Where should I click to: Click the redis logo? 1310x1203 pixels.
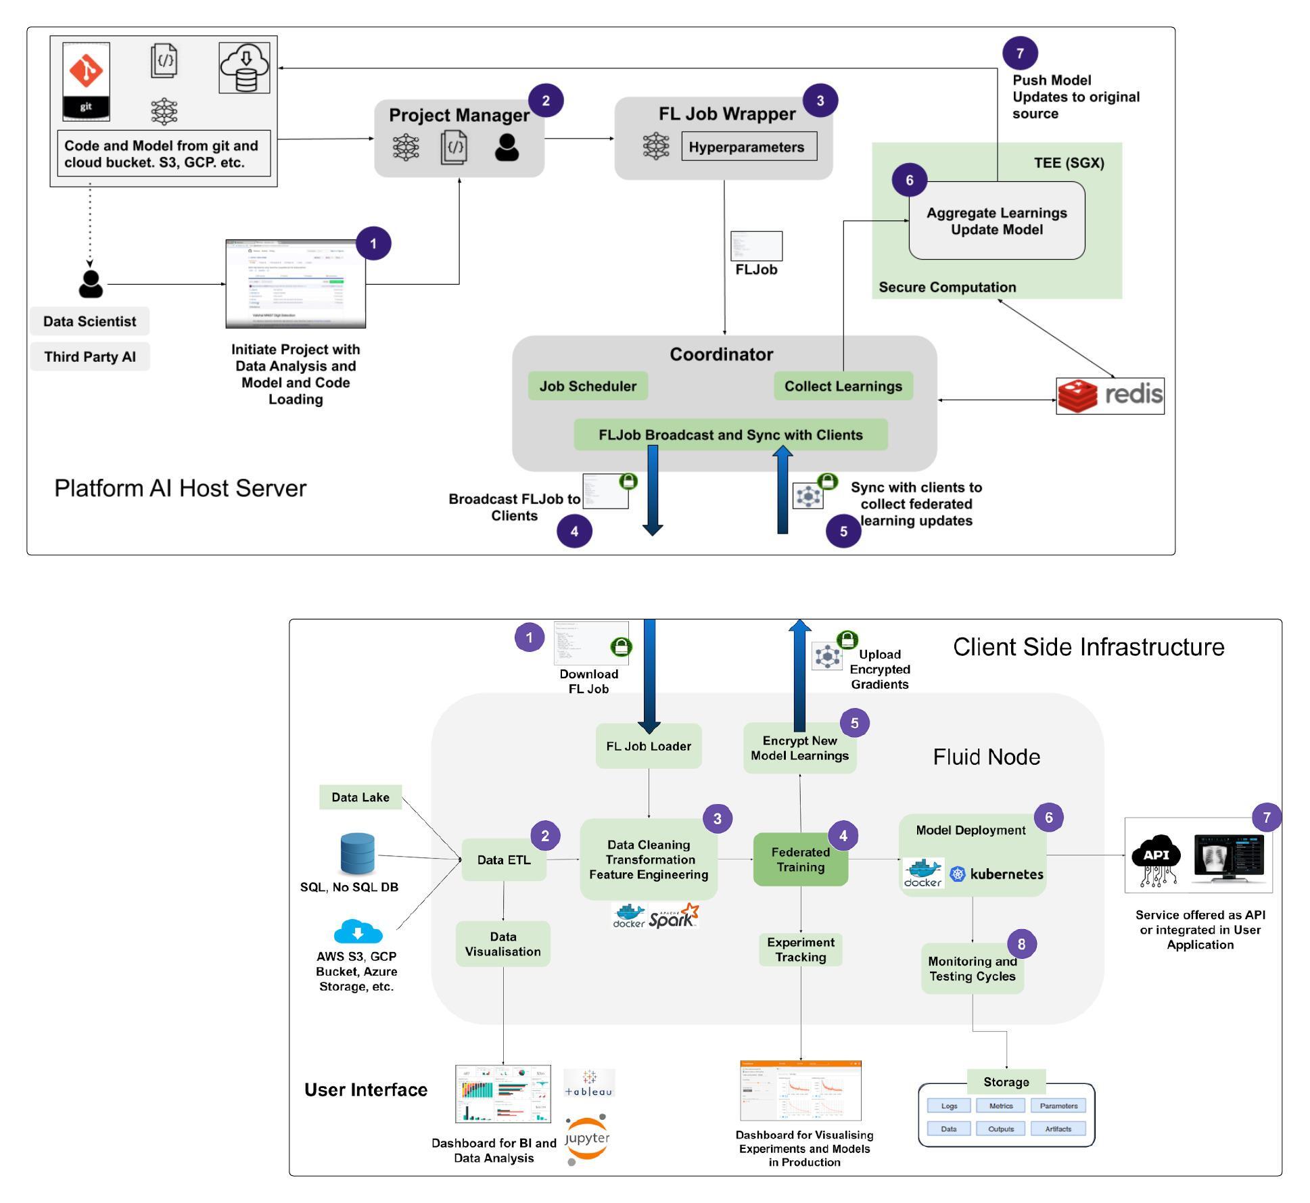[x=1109, y=396]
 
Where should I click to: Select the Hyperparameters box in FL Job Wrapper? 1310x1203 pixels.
[x=749, y=147]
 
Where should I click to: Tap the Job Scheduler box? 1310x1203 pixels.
[x=587, y=386]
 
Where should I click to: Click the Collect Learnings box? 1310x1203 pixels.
[x=843, y=386]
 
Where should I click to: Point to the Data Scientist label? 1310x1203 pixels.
[x=89, y=321]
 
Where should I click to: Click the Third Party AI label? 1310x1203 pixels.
[x=89, y=356]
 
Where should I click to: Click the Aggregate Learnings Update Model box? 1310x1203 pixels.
[x=996, y=221]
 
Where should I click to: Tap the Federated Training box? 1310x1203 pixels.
[x=800, y=859]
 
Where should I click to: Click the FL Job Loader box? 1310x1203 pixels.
[x=648, y=746]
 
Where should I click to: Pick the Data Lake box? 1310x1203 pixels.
[x=360, y=797]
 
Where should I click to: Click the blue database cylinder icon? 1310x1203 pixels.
[x=357, y=853]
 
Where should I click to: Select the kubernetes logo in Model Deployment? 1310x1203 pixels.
[x=997, y=874]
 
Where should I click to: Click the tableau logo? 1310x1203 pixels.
[x=588, y=1083]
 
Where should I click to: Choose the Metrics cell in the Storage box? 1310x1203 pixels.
[x=1000, y=1106]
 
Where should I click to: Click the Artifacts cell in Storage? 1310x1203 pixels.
[x=1058, y=1129]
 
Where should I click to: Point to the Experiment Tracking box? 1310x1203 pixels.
[x=800, y=949]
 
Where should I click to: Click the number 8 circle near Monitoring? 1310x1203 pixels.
[x=1021, y=944]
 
